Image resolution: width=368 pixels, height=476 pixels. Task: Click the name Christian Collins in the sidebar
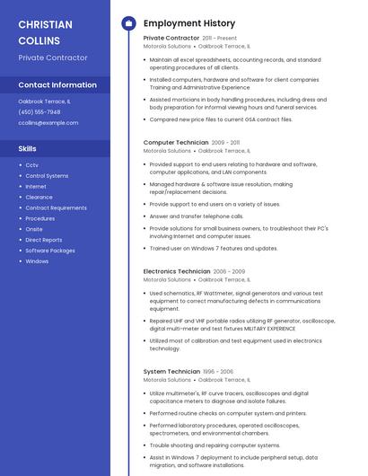tap(39, 32)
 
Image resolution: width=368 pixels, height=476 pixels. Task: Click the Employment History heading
tap(188, 23)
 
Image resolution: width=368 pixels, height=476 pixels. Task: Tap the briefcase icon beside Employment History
tap(128, 23)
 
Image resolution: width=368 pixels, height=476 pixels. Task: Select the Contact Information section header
tap(57, 85)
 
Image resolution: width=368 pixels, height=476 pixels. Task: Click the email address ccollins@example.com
tap(48, 122)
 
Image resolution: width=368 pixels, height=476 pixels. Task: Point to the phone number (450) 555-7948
tap(39, 112)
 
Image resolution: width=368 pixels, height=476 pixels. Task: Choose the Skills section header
tap(28, 148)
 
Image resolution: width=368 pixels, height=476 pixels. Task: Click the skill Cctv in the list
tap(31, 165)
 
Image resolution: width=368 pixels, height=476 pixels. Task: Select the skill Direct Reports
tap(44, 240)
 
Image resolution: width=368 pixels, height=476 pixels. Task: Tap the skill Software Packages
tap(50, 251)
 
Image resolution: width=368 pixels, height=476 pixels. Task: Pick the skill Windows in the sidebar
tap(37, 261)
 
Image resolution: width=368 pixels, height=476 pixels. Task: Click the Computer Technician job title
tap(176, 142)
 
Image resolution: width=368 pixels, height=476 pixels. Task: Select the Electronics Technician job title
tap(177, 270)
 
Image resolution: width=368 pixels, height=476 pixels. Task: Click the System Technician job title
tap(171, 371)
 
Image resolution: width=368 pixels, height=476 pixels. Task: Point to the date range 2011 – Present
tap(220, 39)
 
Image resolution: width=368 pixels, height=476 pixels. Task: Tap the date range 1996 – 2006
tap(218, 371)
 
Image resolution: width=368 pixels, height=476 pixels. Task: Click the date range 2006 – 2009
tap(229, 270)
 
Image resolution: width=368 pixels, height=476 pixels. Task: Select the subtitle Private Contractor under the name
tap(53, 57)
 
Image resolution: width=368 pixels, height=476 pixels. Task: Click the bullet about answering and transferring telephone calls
tap(196, 216)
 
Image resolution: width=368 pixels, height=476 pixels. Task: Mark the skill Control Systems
tap(47, 176)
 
